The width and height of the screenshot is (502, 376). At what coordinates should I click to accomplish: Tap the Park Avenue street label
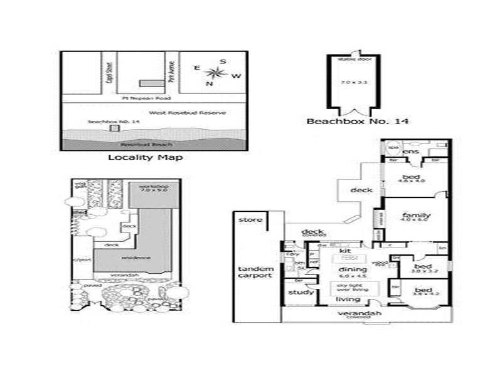point(170,74)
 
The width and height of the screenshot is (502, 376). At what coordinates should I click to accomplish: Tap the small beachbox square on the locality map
point(114,128)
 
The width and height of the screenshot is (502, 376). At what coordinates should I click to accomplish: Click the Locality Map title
point(146,157)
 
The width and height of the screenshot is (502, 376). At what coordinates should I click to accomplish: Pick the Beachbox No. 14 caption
point(357,121)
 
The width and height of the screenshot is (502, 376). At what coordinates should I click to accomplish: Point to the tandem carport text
point(255,272)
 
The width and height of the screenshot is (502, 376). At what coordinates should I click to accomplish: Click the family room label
point(415,217)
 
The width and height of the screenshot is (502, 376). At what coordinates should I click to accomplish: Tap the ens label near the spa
point(412,152)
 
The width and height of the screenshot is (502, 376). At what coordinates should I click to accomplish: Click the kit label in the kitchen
point(344,250)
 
